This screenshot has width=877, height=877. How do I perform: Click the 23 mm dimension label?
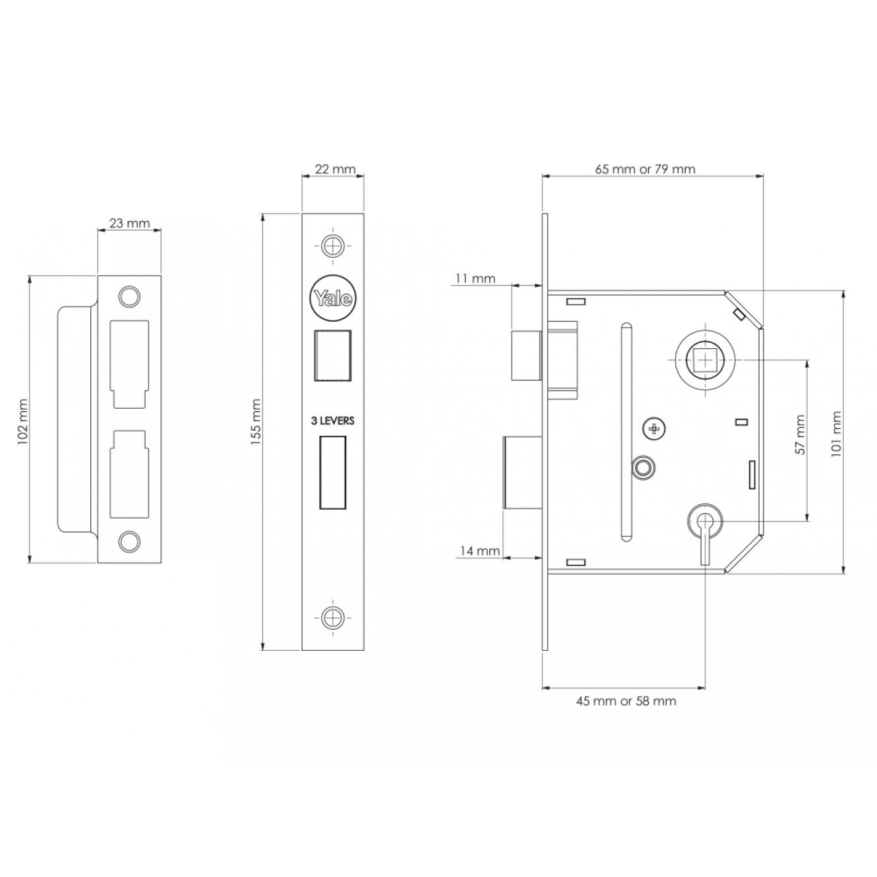click(x=130, y=224)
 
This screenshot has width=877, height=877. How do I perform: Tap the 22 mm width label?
click(x=335, y=169)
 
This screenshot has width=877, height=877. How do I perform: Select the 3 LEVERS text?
click(x=332, y=421)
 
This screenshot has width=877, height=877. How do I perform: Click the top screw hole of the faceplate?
click(x=333, y=246)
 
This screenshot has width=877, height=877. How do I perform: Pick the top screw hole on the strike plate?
click(x=129, y=296)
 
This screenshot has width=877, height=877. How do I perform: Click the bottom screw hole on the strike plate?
click(x=129, y=541)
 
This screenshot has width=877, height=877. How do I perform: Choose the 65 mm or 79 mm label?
click(x=645, y=169)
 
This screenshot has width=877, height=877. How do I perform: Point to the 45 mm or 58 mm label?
click(x=626, y=701)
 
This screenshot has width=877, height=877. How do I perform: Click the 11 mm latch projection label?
click(x=475, y=279)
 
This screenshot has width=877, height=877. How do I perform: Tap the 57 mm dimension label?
click(x=800, y=434)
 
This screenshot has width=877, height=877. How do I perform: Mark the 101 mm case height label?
click(x=836, y=434)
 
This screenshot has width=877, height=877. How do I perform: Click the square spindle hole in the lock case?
click(x=705, y=361)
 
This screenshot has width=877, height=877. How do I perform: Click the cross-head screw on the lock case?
click(x=654, y=429)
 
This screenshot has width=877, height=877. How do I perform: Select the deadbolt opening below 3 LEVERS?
click(x=332, y=472)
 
